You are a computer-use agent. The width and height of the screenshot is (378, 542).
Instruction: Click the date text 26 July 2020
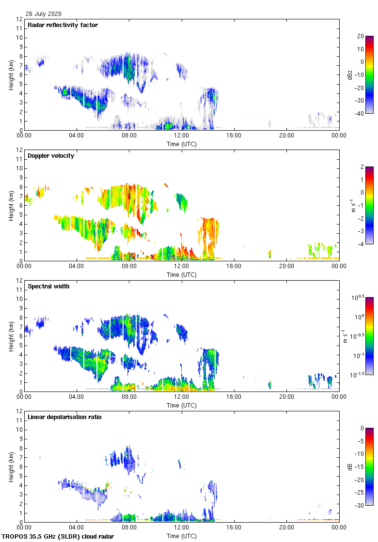44,14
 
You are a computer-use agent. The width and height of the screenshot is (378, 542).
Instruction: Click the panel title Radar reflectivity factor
63,25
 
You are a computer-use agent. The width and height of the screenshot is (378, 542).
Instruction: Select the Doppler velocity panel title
51,156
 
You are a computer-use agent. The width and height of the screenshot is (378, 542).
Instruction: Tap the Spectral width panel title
48,286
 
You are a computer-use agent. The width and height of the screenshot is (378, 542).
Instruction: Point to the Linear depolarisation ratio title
64,417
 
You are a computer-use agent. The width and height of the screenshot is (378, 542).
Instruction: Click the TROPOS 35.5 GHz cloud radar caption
58,537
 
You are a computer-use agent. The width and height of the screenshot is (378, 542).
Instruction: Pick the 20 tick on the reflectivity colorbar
361,36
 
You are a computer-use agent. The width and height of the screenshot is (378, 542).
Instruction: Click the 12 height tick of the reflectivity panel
19,19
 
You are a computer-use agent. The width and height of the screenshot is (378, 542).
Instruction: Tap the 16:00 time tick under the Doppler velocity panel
234,266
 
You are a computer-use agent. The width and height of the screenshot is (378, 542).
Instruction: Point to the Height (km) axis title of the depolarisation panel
11,467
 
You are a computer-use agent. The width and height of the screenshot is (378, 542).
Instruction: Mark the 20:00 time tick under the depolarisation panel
286,527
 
